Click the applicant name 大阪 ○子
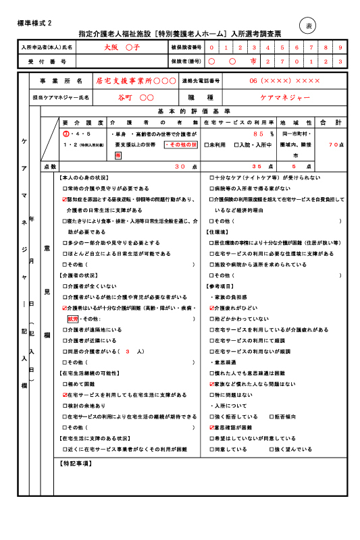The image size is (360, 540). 121,48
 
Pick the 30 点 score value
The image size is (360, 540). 180,165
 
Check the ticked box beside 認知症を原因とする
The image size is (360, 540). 65,200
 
